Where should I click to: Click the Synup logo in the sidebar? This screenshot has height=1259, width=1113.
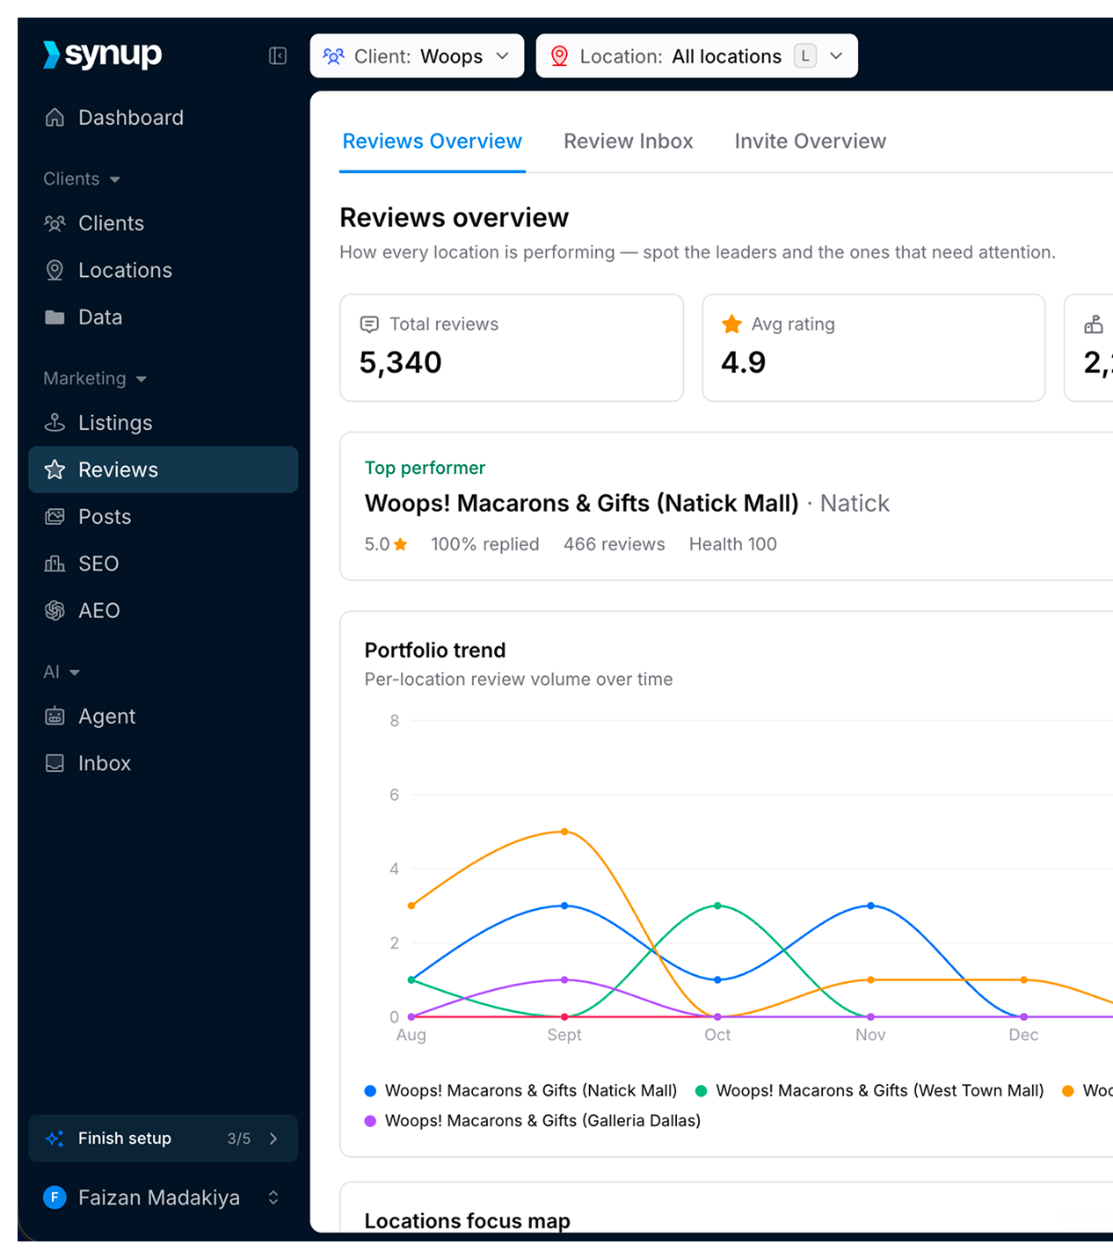(102, 55)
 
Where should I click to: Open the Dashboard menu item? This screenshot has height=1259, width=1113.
(114, 118)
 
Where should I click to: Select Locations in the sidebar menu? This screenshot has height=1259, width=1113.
(108, 270)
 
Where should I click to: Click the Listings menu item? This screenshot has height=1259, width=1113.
(98, 423)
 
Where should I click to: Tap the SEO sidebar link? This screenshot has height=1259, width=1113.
(82, 564)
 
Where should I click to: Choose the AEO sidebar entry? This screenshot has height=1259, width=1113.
(82, 610)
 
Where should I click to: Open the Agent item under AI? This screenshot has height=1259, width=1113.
(90, 716)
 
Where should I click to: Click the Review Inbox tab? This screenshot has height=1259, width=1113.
(628, 141)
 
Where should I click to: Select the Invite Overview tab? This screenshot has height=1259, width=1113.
(810, 141)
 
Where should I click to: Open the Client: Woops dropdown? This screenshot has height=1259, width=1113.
(417, 56)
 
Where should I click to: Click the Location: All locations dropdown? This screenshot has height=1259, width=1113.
(696, 56)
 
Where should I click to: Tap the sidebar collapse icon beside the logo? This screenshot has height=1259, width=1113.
(277, 56)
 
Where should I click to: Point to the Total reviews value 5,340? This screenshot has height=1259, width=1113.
(400, 362)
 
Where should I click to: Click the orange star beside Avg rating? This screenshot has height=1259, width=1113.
(731, 324)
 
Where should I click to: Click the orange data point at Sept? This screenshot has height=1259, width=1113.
(564, 832)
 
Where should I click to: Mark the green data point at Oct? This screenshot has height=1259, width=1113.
(717, 906)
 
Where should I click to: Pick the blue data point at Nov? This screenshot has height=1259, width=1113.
(870, 906)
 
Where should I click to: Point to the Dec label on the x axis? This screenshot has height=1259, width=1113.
(1023, 1035)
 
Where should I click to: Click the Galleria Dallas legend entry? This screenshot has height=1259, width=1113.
(532, 1120)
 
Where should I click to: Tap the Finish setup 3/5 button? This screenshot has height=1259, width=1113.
(163, 1138)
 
